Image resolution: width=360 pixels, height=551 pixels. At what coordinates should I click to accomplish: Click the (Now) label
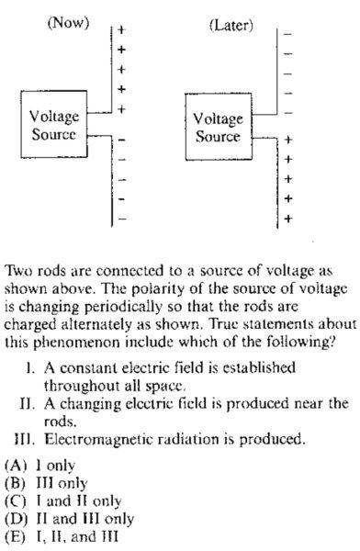click(68, 23)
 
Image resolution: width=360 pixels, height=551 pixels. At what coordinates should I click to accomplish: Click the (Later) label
click(231, 26)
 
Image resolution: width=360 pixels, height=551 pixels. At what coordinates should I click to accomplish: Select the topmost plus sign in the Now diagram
click(121, 29)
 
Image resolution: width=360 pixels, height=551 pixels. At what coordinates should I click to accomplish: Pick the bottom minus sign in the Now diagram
click(121, 219)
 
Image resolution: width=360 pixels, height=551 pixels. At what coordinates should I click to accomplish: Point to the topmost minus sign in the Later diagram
click(287, 35)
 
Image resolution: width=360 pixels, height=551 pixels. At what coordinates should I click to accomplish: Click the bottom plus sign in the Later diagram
click(288, 219)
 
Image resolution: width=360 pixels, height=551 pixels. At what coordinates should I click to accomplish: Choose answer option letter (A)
click(16, 466)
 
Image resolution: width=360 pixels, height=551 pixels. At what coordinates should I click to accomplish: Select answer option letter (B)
click(15, 484)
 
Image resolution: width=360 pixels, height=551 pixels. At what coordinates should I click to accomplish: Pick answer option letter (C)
click(16, 501)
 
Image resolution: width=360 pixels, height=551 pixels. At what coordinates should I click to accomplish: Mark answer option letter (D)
click(16, 519)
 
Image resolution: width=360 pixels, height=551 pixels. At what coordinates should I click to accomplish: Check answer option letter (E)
click(15, 537)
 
